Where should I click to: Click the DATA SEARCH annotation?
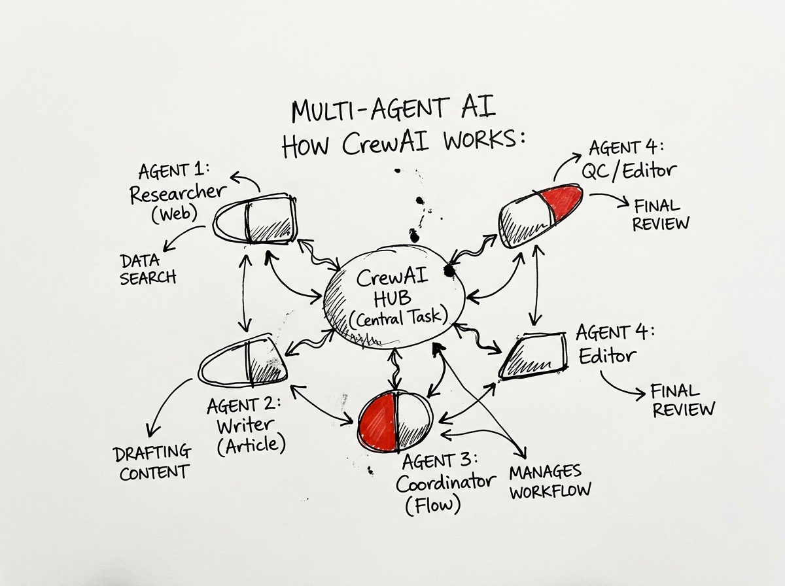click(148, 269)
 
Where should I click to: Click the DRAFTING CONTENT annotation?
click(152, 462)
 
